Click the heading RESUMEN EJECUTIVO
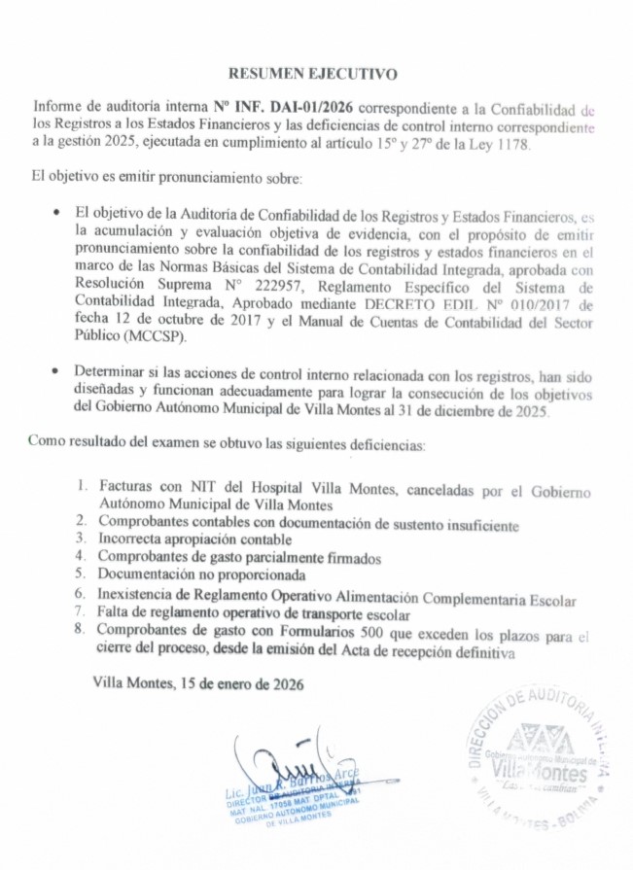click(x=313, y=73)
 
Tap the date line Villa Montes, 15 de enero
click(x=198, y=684)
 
